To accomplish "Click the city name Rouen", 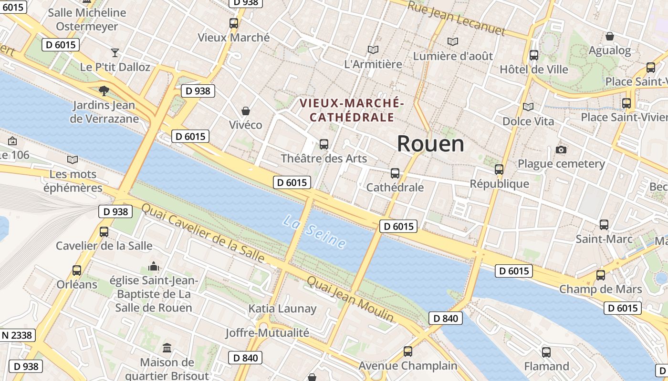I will (430, 143).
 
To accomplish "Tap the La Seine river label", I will (314, 232).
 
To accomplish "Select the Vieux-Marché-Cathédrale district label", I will (352, 110).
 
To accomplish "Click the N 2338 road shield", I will (17, 335).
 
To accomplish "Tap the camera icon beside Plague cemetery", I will (561, 150).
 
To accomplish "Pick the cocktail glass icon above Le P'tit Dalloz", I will (115, 52).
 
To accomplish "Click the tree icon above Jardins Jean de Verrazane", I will (104, 90).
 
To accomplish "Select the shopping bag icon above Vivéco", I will (246, 111).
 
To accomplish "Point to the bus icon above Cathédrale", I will (395, 173).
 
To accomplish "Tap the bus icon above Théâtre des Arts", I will (324, 144).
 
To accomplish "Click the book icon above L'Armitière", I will (373, 50).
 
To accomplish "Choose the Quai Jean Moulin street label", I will (350, 299).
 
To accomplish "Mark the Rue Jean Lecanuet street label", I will (456, 18).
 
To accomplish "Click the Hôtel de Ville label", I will (534, 70).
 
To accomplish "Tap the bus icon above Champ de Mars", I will (601, 275).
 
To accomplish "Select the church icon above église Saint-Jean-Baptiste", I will (154, 266).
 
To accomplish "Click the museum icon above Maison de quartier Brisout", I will (167, 348).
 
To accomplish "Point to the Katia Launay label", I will (282, 309).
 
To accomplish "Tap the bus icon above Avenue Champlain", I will (408, 351).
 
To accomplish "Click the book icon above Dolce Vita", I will (528, 107).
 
